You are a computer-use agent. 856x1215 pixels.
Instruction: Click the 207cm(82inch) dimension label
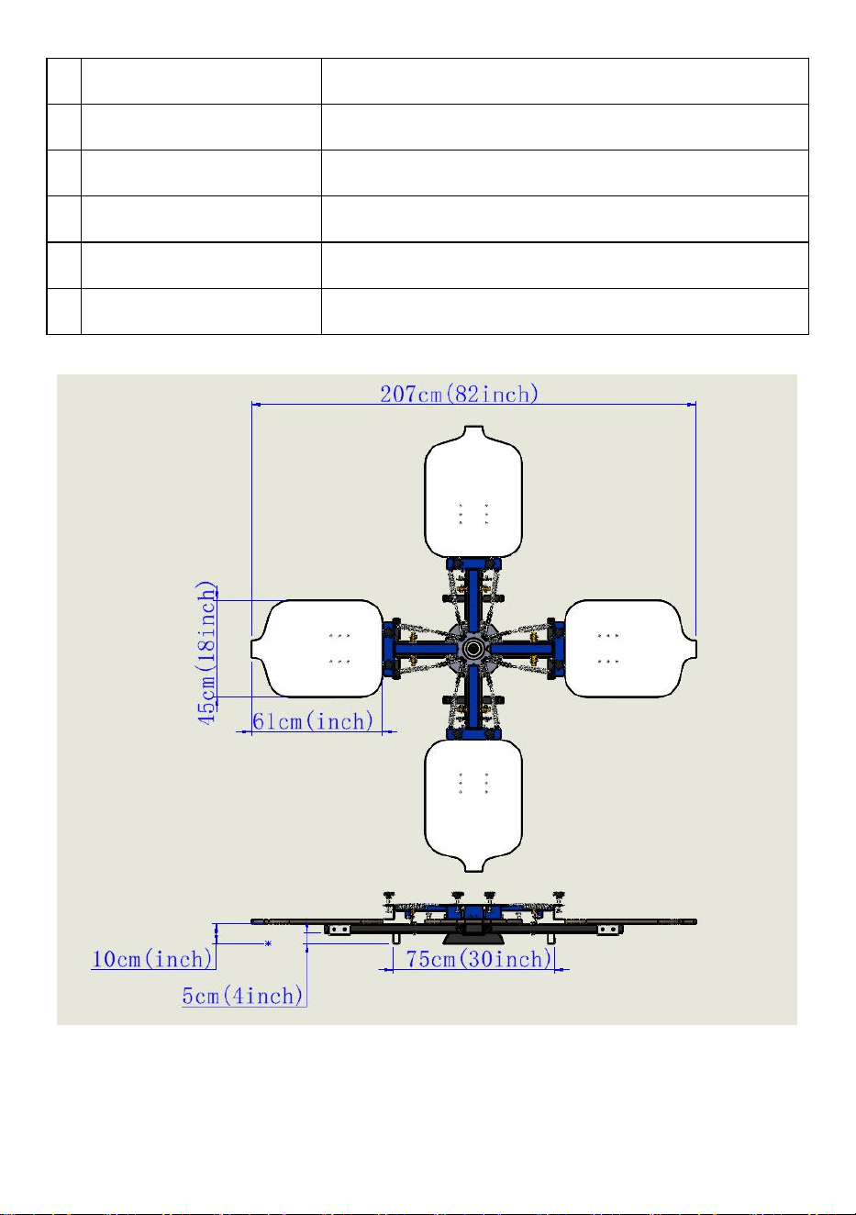(459, 394)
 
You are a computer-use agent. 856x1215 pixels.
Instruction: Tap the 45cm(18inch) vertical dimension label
(206, 652)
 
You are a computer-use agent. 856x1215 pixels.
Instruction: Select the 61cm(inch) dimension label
(313, 721)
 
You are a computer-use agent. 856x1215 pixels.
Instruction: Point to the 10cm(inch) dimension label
(152, 958)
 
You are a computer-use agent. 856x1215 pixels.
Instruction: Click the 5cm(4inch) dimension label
(242, 996)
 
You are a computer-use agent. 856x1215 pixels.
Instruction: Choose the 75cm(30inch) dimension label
(479, 958)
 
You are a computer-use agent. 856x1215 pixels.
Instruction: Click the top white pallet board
(473, 492)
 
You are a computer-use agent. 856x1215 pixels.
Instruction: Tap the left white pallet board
(317, 649)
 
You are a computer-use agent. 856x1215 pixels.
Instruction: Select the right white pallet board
(630, 649)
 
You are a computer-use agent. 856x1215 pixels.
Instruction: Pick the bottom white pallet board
(473, 806)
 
